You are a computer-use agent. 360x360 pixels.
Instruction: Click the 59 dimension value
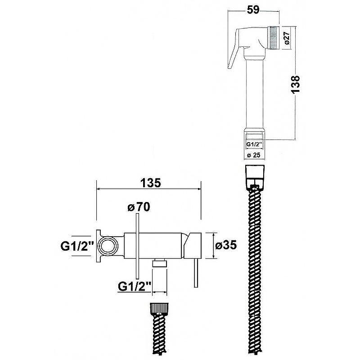coord(253,10)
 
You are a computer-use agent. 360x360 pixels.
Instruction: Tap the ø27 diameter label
coord(287,38)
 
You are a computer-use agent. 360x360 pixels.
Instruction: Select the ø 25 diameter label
coord(254,155)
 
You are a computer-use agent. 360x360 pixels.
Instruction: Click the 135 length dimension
coord(151,183)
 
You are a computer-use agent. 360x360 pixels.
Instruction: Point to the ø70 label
coord(139,207)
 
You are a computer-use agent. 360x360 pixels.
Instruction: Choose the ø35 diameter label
coord(226,245)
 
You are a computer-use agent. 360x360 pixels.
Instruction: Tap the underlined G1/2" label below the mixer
coord(134,286)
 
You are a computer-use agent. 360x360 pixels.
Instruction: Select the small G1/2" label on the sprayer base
coord(254,144)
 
